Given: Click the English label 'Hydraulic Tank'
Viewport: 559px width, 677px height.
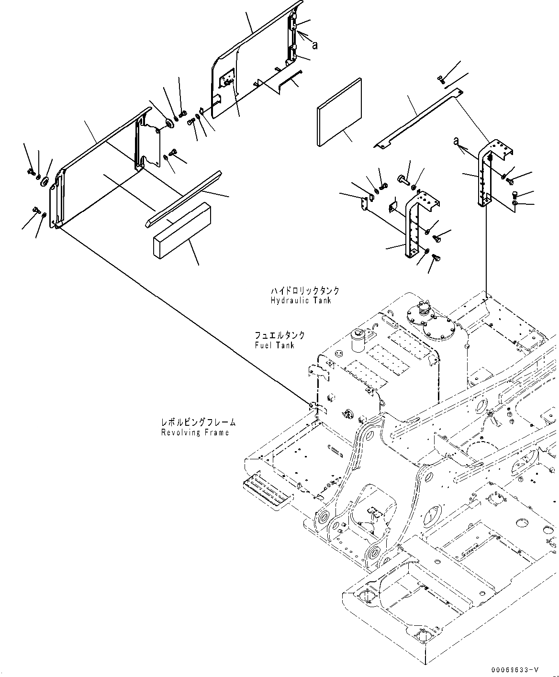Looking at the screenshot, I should coord(300,300).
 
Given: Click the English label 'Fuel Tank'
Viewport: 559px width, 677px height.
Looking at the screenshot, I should coord(275,345).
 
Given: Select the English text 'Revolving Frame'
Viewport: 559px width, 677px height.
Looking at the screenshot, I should coord(195,433).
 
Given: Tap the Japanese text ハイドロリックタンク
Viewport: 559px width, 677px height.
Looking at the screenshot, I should coord(304,291).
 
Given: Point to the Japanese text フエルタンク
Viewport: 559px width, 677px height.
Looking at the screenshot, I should coord(280,336).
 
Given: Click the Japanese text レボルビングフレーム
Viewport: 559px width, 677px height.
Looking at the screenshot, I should coord(198,422).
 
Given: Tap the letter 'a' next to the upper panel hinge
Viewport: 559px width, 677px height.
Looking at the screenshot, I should coord(315,45).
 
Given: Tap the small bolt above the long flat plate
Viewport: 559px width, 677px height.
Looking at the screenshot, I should coord(441,79).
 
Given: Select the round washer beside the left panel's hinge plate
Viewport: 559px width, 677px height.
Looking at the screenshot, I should coord(169,124).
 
